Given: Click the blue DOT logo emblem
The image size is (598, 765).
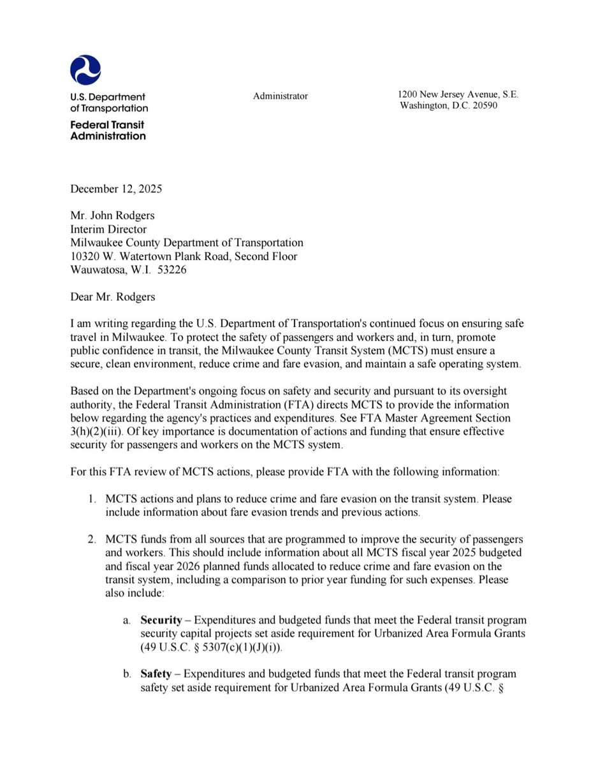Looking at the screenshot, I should point(85,70).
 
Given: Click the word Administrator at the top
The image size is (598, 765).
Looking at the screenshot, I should point(281,96).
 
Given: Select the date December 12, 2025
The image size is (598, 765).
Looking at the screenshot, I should point(116,189).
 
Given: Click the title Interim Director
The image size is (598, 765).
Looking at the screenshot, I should point(108,229).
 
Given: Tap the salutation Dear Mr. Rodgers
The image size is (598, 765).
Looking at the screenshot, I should point(113,296).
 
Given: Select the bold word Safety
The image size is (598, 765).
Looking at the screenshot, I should point(156,674).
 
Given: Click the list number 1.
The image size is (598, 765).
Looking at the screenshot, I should point(92,499).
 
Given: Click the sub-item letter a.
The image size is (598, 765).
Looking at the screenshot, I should point(128,620).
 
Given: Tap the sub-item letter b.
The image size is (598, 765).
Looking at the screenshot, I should point(128,674).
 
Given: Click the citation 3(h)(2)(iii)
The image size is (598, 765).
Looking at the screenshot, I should point(104,432).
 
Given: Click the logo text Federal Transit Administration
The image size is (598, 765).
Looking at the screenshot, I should point(108,130).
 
